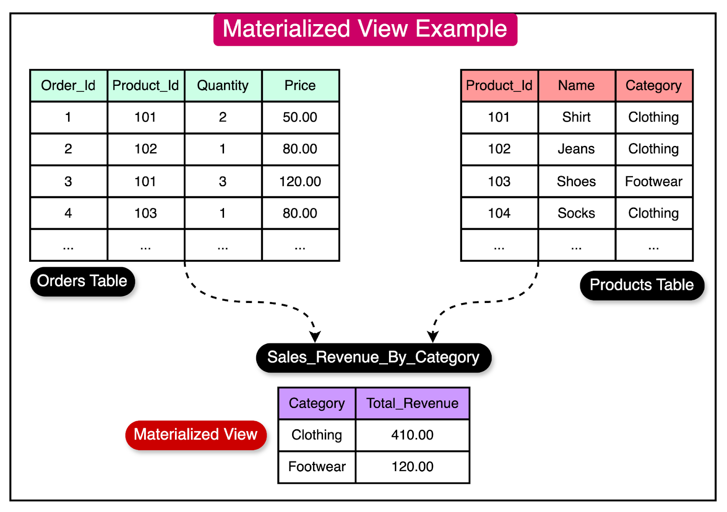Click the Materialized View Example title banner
(x=365, y=30)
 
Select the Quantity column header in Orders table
(x=223, y=85)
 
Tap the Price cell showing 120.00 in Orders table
(x=300, y=181)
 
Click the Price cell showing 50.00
(x=300, y=117)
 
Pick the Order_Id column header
(x=68, y=85)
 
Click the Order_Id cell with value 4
(x=68, y=213)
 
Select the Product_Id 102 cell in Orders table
(x=145, y=149)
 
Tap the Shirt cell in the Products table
(x=576, y=117)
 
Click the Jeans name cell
(x=576, y=149)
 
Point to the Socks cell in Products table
(x=576, y=213)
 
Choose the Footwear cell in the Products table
(x=653, y=181)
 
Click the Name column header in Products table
(x=576, y=85)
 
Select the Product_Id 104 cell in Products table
(x=499, y=213)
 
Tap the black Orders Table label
(x=82, y=281)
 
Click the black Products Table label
(x=642, y=285)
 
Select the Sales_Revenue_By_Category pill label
(x=373, y=358)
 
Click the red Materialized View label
(x=195, y=435)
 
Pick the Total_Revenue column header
(x=412, y=403)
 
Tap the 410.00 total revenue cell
(x=412, y=435)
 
